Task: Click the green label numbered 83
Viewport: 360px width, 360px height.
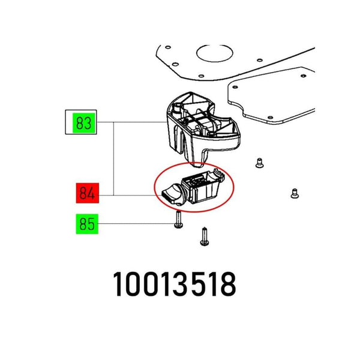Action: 84,123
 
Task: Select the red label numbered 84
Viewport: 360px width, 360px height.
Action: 88,193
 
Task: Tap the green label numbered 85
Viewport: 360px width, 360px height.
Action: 87,224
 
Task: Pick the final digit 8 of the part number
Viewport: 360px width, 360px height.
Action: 227,284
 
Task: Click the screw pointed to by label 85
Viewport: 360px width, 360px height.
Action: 179,220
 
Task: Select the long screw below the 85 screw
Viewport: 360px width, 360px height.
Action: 205,236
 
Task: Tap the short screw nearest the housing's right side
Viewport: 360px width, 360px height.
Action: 259,163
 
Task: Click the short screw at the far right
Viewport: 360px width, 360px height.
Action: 295,193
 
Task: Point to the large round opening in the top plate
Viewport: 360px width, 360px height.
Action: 215,53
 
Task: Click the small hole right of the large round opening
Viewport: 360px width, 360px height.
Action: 260,61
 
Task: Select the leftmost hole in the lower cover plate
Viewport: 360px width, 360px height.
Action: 235,87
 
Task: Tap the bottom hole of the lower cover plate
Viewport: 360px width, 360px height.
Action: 270,118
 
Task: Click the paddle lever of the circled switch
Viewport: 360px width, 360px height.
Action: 172,194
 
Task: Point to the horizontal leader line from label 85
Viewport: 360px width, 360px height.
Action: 136,224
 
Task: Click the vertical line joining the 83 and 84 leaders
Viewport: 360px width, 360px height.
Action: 113,158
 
